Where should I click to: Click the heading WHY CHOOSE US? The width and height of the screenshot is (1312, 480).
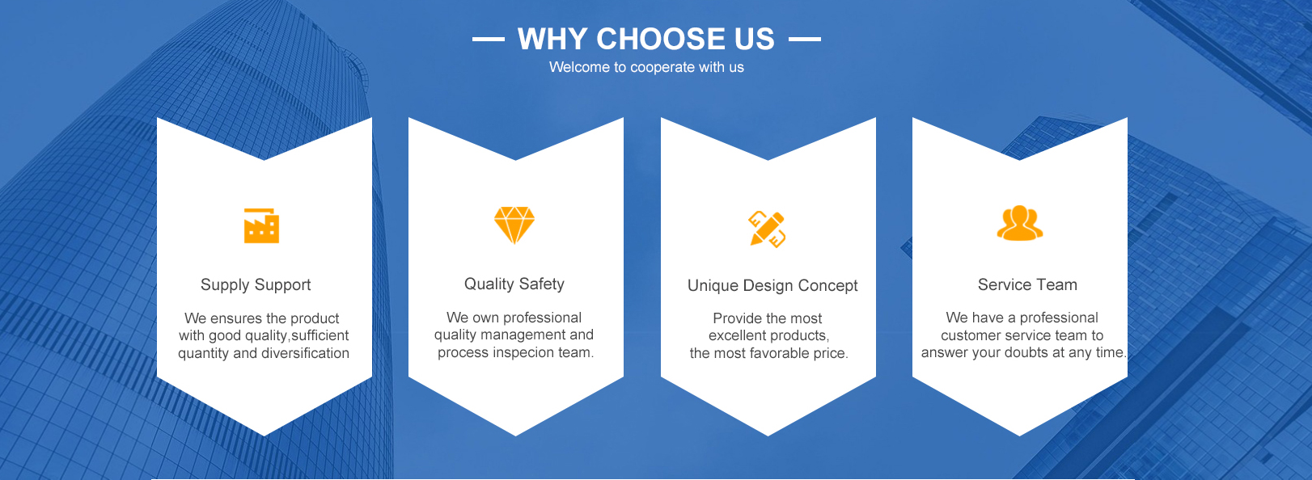click(646, 40)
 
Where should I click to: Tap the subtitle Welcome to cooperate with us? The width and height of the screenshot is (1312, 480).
click(646, 67)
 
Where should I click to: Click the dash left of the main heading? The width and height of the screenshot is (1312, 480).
click(489, 40)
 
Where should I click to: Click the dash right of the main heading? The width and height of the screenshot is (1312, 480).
click(805, 40)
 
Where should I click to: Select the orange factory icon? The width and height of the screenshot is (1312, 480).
click(261, 225)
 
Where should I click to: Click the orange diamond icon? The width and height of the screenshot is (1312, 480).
click(514, 225)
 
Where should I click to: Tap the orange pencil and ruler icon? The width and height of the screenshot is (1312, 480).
click(767, 229)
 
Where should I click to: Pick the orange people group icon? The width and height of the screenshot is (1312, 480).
click(1020, 223)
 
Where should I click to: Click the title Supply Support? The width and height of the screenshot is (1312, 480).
click(256, 285)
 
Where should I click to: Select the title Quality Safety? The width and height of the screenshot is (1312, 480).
click(514, 284)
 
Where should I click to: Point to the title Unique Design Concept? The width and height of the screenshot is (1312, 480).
click(772, 286)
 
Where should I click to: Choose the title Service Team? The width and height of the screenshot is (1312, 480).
click(1027, 284)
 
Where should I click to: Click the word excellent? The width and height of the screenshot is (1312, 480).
click(735, 335)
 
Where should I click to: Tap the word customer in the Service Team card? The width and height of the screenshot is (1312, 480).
click(967, 335)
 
